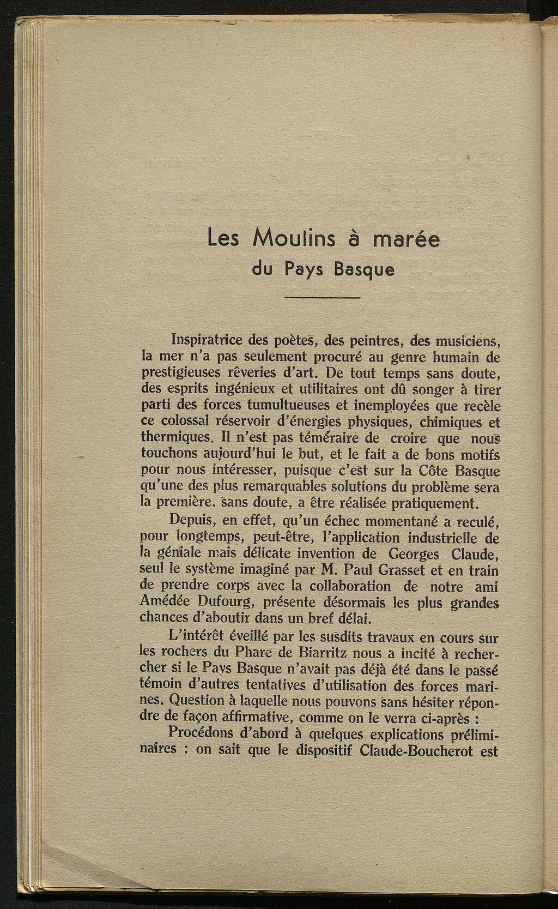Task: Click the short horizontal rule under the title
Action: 323,298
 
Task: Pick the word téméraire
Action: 326,438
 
